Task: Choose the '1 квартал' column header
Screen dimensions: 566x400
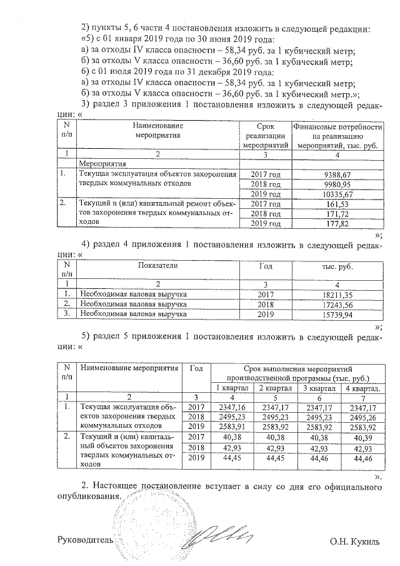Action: point(232,388)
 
